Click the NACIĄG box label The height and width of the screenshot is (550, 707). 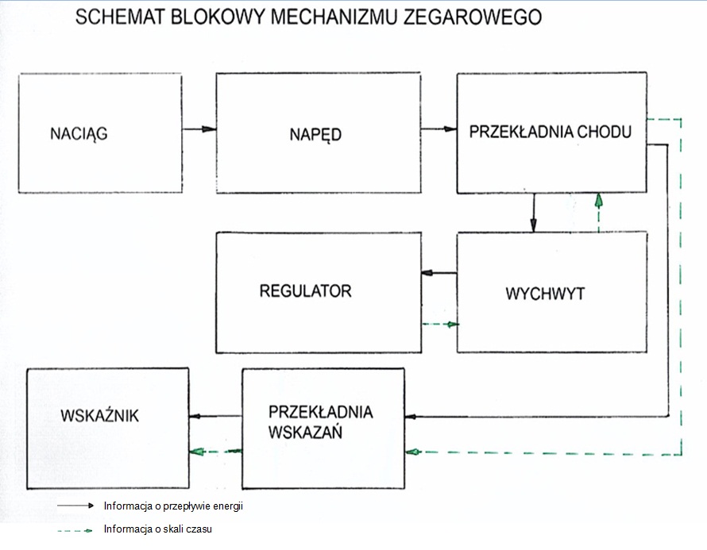tap(79, 134)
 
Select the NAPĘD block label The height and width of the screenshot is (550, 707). tap(315, 134)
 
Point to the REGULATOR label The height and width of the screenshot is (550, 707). tap(305, 290)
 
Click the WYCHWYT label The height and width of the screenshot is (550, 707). tap(545, 294)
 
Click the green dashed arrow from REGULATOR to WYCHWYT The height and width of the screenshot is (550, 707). tap(439, 324)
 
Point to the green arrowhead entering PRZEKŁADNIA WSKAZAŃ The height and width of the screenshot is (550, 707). tap(411, 452)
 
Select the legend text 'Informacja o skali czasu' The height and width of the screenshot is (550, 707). tap(157, 529)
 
